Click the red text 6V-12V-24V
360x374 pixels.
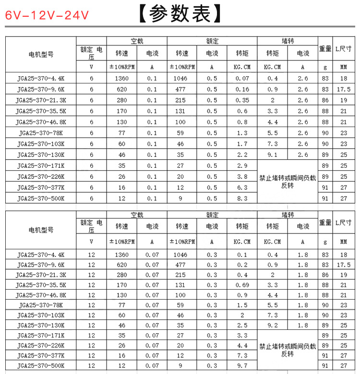(47, 15)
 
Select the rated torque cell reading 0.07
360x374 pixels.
(242, 78)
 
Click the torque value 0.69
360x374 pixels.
(242, 285)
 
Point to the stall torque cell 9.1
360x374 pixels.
(272, 155)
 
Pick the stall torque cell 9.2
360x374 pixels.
(272, 326)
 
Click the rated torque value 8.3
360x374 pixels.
(242, 198)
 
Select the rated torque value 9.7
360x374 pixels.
(242, 366)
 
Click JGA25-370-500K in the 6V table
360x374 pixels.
(40, 198)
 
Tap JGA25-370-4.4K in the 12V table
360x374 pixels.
(40, 255)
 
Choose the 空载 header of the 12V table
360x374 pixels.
(137, 215)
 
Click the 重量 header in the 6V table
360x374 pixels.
(325, 48)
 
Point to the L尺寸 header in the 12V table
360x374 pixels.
(343, 222)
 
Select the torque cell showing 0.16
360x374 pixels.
(242, 89)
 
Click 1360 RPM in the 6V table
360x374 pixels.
(122, 78)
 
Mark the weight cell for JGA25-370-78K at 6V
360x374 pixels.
(325, 133)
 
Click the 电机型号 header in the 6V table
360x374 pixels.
(41, 54)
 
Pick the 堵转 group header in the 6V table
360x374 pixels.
(288, 41)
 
